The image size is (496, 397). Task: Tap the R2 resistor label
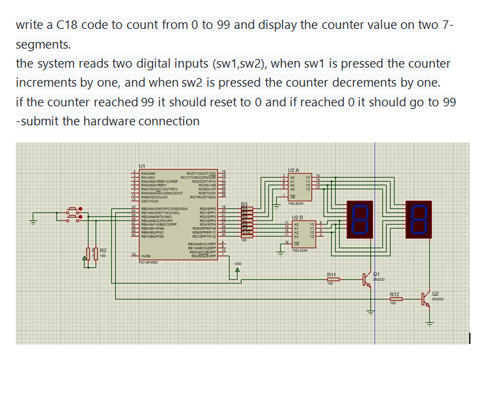104,250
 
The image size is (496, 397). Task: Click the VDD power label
238,264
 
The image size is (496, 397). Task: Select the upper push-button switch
74,212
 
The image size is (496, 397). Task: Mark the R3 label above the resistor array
245,205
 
